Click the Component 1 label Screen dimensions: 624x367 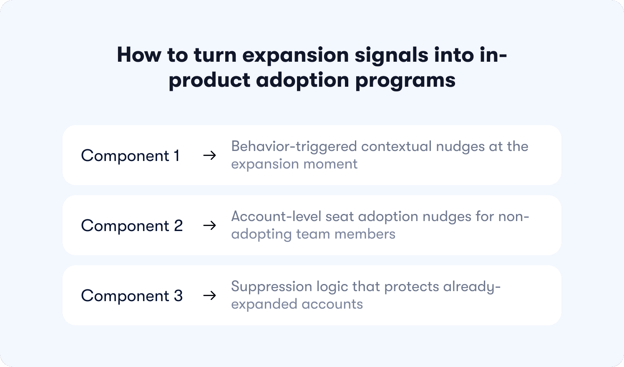pyautogui.click(x=130, y=156)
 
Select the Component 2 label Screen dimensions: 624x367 pyautogui.click(x=132, y=226)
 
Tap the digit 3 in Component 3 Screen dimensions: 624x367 pyautogui.click(x=178, y=295)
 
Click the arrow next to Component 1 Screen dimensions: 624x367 pyautogui.click(x=209, y=156)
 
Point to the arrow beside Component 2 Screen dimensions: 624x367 pyautogui.click(x=209, y=225)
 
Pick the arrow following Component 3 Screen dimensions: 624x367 pyautogui.click(x=209, y=295)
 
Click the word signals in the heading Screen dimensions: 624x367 pyautogui.click(x=391, y=55)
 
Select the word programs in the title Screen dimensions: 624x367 pyautogui.click(x=405, y=81)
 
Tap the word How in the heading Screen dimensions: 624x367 pyautogui.click(x=139, y=55)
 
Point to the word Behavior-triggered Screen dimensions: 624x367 pyautogui.click(x=294, y=147)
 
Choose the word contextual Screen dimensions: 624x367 pyautogui.click(x=396, y=146)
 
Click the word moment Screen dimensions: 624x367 pyautogui.click(x=330, y=164)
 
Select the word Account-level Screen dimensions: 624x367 pyautogui.click(x=276, y=216)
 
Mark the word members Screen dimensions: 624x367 pyautogui.click(x=365, y=234)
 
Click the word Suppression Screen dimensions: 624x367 pyautogui.click(x=271, y=287)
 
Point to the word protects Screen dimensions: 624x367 pyautogui.click(x=411, y=287)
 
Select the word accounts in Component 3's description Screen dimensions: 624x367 pyautogui.click(x=332, y=304)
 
